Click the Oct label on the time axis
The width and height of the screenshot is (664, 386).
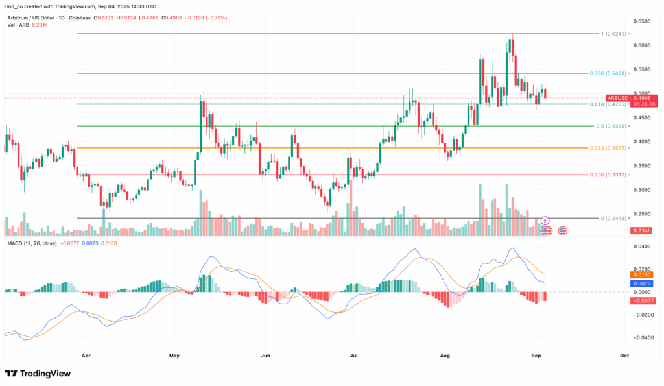(624, 356)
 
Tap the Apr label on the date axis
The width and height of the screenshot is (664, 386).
(85, 356)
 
